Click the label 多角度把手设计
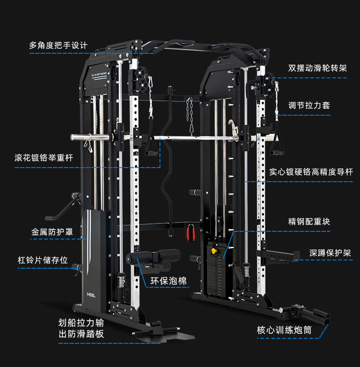58,46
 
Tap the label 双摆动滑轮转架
317,68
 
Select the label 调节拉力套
309,105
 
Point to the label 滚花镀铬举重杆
43,158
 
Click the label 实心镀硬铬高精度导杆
311,172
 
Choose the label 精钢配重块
309,222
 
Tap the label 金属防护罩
52,231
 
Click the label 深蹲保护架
330,253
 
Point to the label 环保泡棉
168,281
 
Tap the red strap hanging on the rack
190,232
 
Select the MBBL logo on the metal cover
92,295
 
